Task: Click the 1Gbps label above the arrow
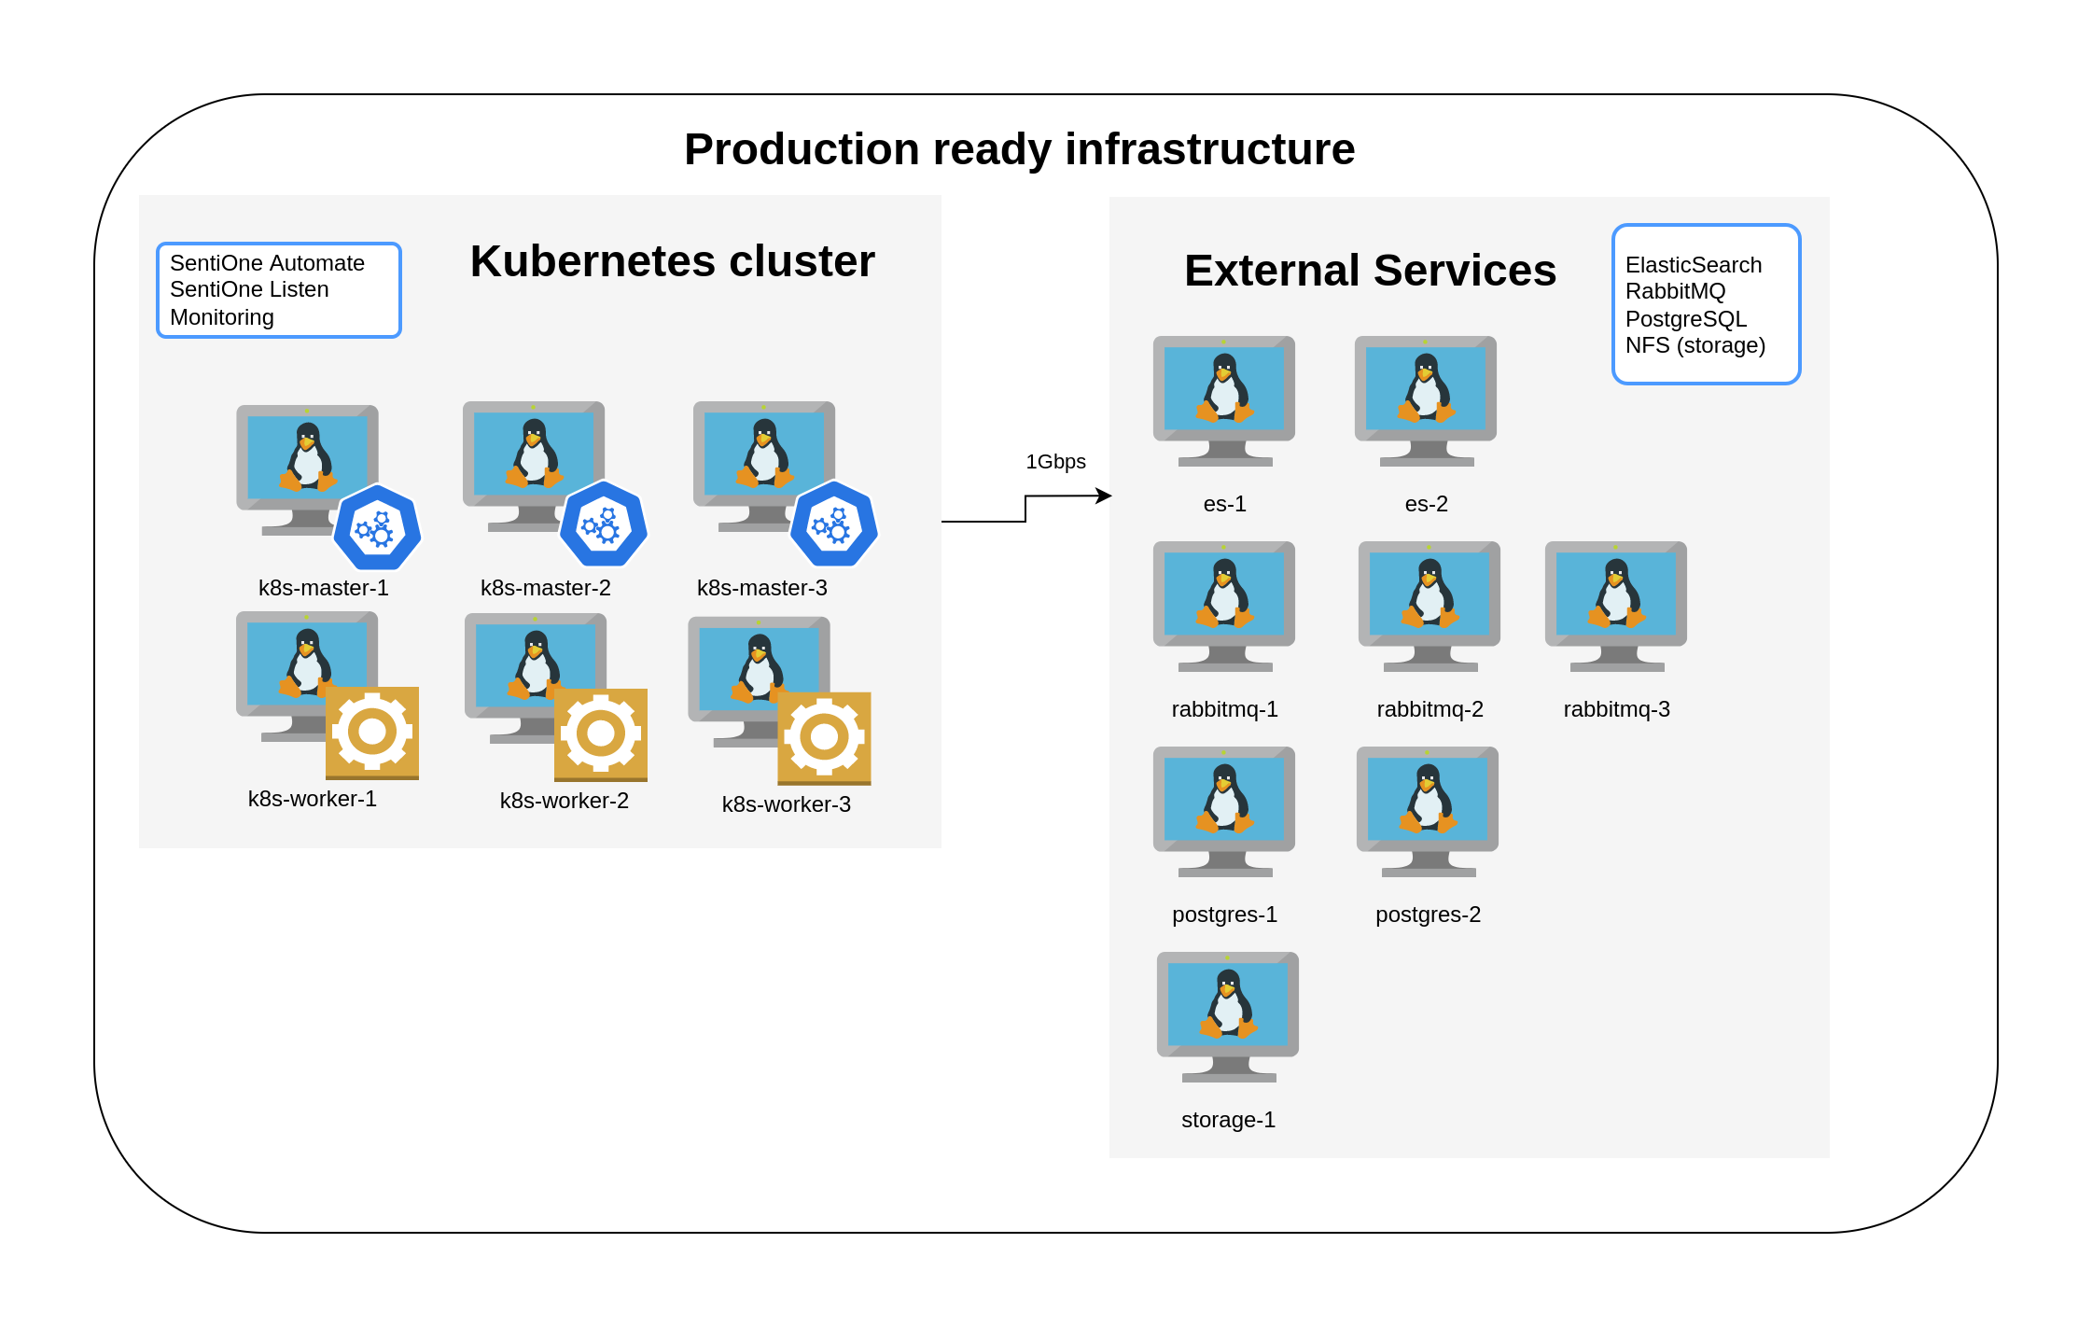point(1055,462)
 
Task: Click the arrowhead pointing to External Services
point(1104,496)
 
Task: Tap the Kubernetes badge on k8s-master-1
point(377,527)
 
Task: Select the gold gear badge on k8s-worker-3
point(824,738)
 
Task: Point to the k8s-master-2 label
point(546,588)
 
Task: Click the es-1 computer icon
point(1224,401)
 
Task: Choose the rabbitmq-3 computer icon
point(1616,607)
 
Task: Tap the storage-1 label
point(1228,1120)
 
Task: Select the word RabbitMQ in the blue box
point(1675,292)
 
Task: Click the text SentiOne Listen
point(249,289)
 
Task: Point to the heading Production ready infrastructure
point(1019,149)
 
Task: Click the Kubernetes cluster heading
point(673,261)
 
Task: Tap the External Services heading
point(1370,271)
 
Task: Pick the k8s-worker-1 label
point(313,799)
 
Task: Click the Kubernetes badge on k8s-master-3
point(833,524)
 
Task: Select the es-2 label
point(1426,504)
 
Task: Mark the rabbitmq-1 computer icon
point(1224,607)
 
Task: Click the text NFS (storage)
point(1695,346)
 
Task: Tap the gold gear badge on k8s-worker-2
point(601,735)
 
